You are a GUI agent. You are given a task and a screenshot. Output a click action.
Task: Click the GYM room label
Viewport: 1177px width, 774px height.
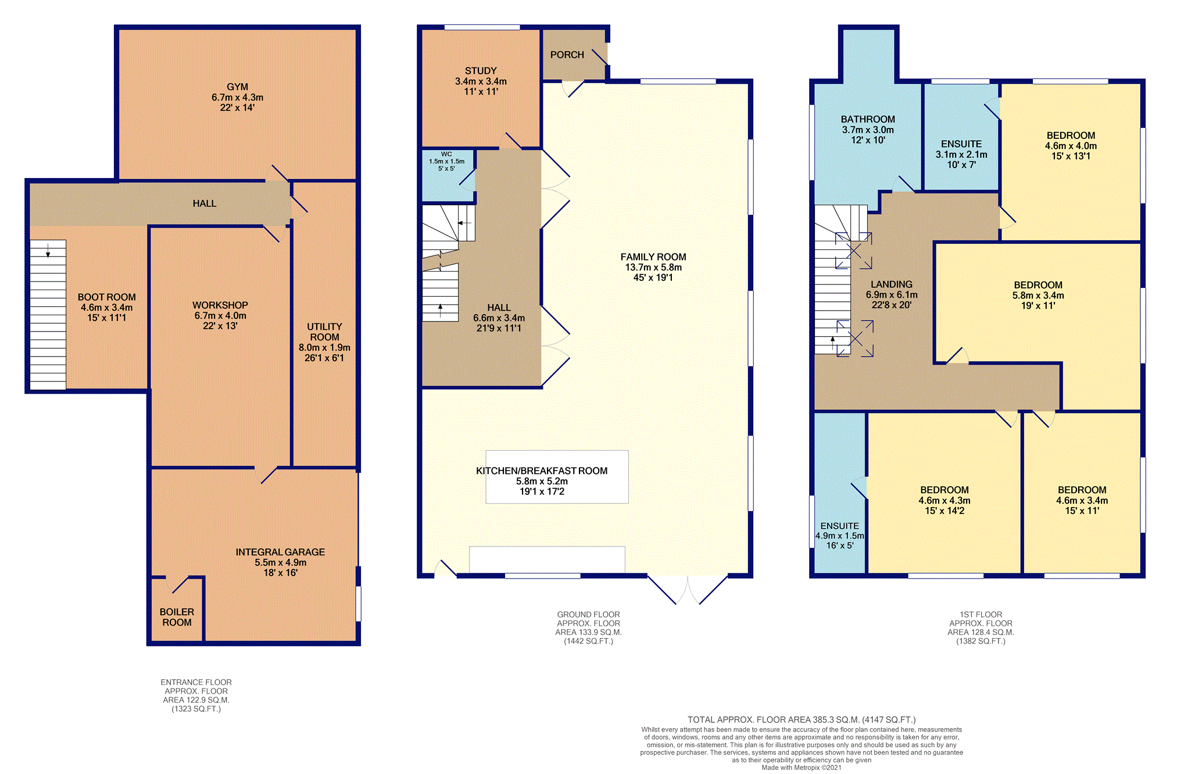237,87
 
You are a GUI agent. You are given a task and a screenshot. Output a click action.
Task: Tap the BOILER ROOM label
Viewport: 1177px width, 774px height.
177,617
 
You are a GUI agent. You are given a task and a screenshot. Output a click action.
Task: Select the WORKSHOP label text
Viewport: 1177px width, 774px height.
220,305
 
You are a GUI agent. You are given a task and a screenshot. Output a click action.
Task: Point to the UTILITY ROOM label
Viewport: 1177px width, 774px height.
324,332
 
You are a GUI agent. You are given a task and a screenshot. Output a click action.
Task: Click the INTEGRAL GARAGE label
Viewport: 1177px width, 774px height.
280,552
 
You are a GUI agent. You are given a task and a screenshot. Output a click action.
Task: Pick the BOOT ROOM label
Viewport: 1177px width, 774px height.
107,297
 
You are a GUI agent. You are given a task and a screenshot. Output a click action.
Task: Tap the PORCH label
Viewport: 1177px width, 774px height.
567,55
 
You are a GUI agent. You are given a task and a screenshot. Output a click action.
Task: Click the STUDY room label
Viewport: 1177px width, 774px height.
481,71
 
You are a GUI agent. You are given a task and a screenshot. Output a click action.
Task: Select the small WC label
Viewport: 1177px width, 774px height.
446,154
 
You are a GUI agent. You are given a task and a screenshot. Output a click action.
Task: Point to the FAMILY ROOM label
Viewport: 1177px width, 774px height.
653,257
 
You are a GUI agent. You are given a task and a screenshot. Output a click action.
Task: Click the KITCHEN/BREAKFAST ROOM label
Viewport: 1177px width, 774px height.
542,471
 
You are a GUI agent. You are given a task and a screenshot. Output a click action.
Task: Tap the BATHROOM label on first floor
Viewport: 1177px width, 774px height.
868,119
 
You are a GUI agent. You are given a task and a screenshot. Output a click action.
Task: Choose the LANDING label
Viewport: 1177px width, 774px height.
892,284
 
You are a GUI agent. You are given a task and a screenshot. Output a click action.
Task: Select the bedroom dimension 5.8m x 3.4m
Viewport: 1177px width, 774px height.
1038,295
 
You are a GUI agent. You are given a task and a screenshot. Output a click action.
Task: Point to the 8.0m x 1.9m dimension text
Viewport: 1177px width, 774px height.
324,348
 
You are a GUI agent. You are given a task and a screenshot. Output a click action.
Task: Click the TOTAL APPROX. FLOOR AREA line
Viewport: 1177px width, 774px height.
802,720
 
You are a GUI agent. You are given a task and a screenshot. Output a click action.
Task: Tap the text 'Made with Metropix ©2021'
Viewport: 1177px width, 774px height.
802,768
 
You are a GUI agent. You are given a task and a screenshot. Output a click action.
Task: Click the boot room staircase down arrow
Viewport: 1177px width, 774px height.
48,251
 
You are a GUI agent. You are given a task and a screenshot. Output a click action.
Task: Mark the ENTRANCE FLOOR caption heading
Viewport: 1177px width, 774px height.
196,682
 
